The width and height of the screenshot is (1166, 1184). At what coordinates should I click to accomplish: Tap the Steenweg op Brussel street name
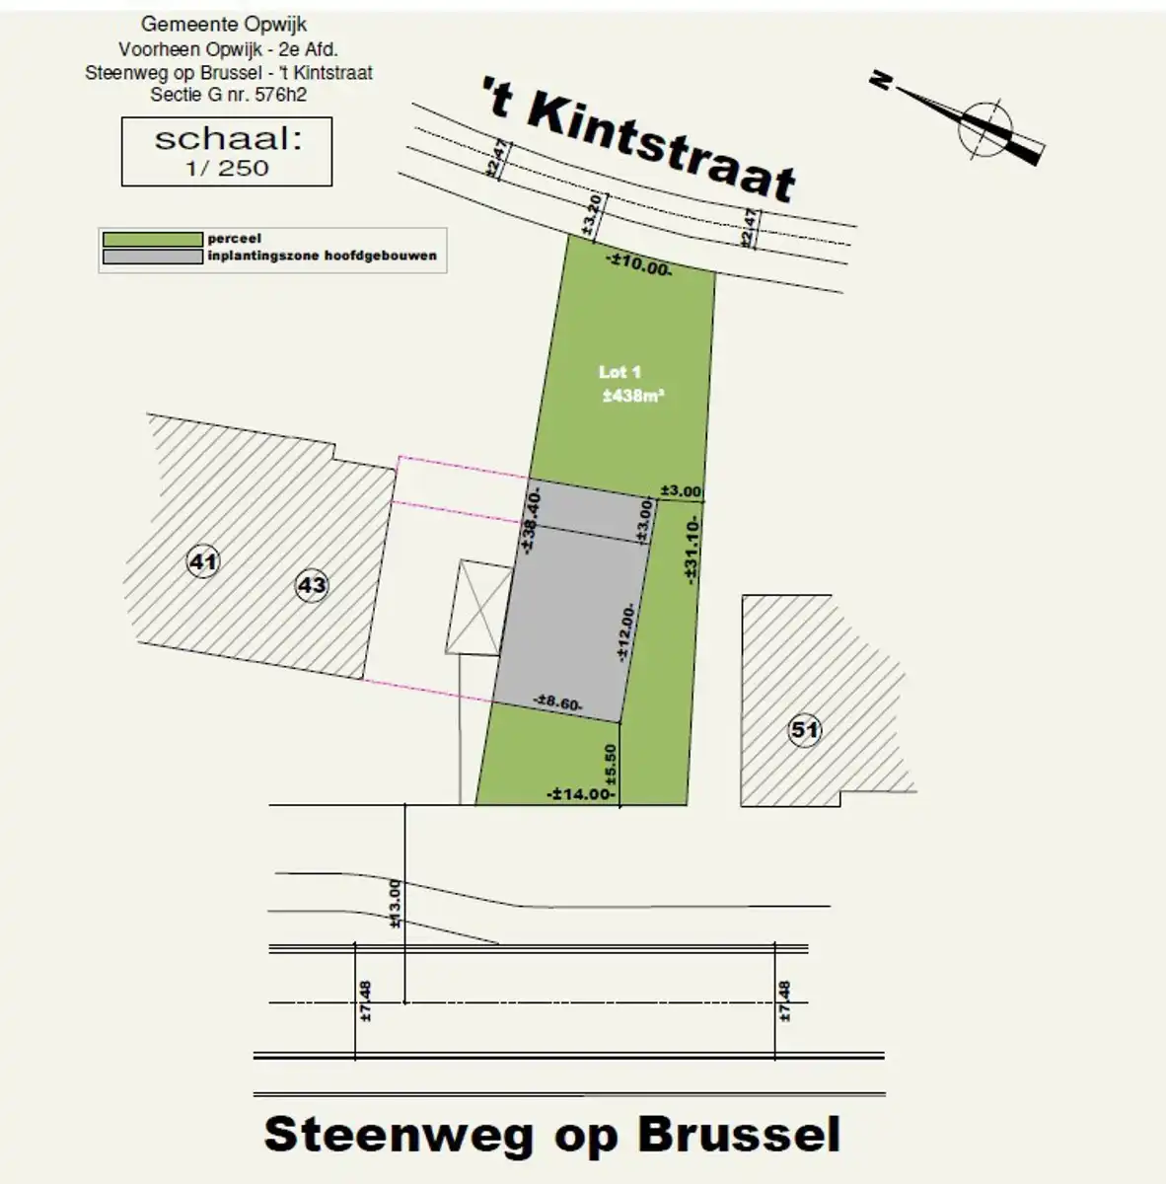pos(552,1135)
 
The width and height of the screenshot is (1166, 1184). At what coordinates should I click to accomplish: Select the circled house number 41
pos(202,563)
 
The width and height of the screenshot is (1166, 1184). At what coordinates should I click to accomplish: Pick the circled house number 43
pos(312,586)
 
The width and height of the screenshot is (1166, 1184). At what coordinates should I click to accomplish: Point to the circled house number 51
pos(805,730)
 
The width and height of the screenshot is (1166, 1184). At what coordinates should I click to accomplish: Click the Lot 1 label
pos(619,372)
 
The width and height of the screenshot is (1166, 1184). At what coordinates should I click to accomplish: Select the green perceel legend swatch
pos(152,239)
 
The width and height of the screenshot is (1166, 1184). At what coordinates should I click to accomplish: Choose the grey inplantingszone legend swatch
pos(152,257)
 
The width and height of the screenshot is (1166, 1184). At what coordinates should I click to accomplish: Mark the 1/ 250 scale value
pos(227,168)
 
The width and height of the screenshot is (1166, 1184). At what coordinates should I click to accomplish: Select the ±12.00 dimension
pos(624,631)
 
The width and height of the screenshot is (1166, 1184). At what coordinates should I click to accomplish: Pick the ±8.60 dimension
pos(557,703)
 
